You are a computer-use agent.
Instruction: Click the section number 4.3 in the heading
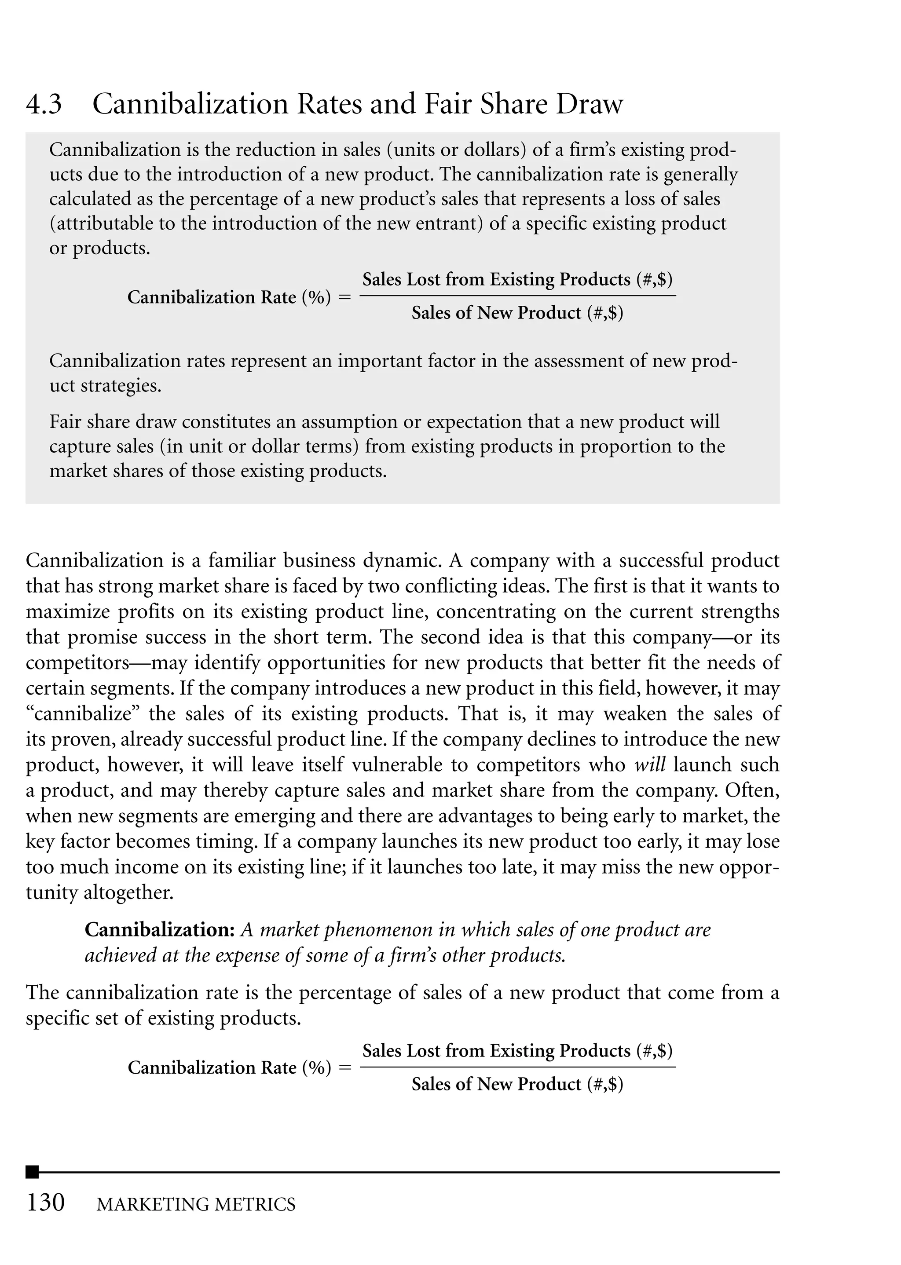click(x=44, y=104)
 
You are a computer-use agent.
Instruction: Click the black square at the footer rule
click(x=32, y=1172)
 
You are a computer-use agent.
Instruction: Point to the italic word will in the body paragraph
click(x=650, y=765)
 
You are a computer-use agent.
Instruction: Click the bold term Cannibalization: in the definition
click(x=160, y=930)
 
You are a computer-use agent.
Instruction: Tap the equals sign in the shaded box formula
click(x=344, y=298)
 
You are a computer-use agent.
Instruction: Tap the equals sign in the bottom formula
click(x=344, y=1068)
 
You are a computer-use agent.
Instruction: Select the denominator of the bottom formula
click(x=517, y=1084)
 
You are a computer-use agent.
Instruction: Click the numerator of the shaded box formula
click(x=517, y=279)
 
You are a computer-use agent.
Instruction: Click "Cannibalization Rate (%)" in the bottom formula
click(x=229, y=1068)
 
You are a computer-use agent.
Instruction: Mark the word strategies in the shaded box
click(x=121, y=385)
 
